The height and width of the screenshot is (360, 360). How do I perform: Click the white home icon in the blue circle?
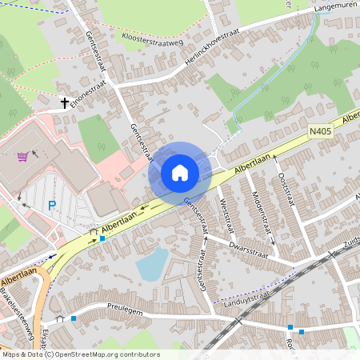point(180,172)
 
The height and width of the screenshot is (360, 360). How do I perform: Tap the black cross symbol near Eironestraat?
point(64,102)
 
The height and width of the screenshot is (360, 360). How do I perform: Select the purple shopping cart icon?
point(22,156)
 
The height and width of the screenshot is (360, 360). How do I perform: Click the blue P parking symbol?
point(52,206)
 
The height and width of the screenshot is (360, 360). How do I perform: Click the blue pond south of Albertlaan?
point(151,264)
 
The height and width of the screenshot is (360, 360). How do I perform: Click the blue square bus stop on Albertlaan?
point(102,238)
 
